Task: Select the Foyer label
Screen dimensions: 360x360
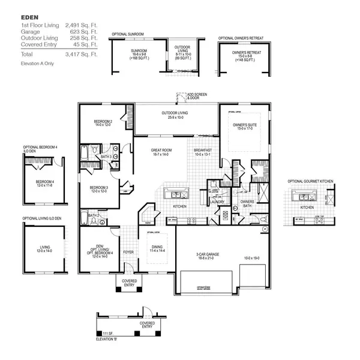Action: (128, 252)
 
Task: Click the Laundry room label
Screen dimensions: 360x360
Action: (217, 202)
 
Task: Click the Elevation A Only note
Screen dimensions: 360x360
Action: (38, 63)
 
